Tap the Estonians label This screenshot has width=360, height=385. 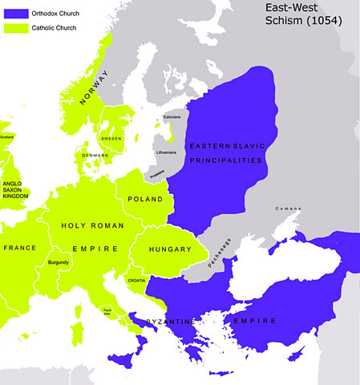(172, 117)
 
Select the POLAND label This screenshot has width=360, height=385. (145, 199)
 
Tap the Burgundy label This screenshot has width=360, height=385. (59, 262)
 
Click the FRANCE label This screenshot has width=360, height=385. (20, 248)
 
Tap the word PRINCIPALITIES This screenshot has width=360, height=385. (224, 160)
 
